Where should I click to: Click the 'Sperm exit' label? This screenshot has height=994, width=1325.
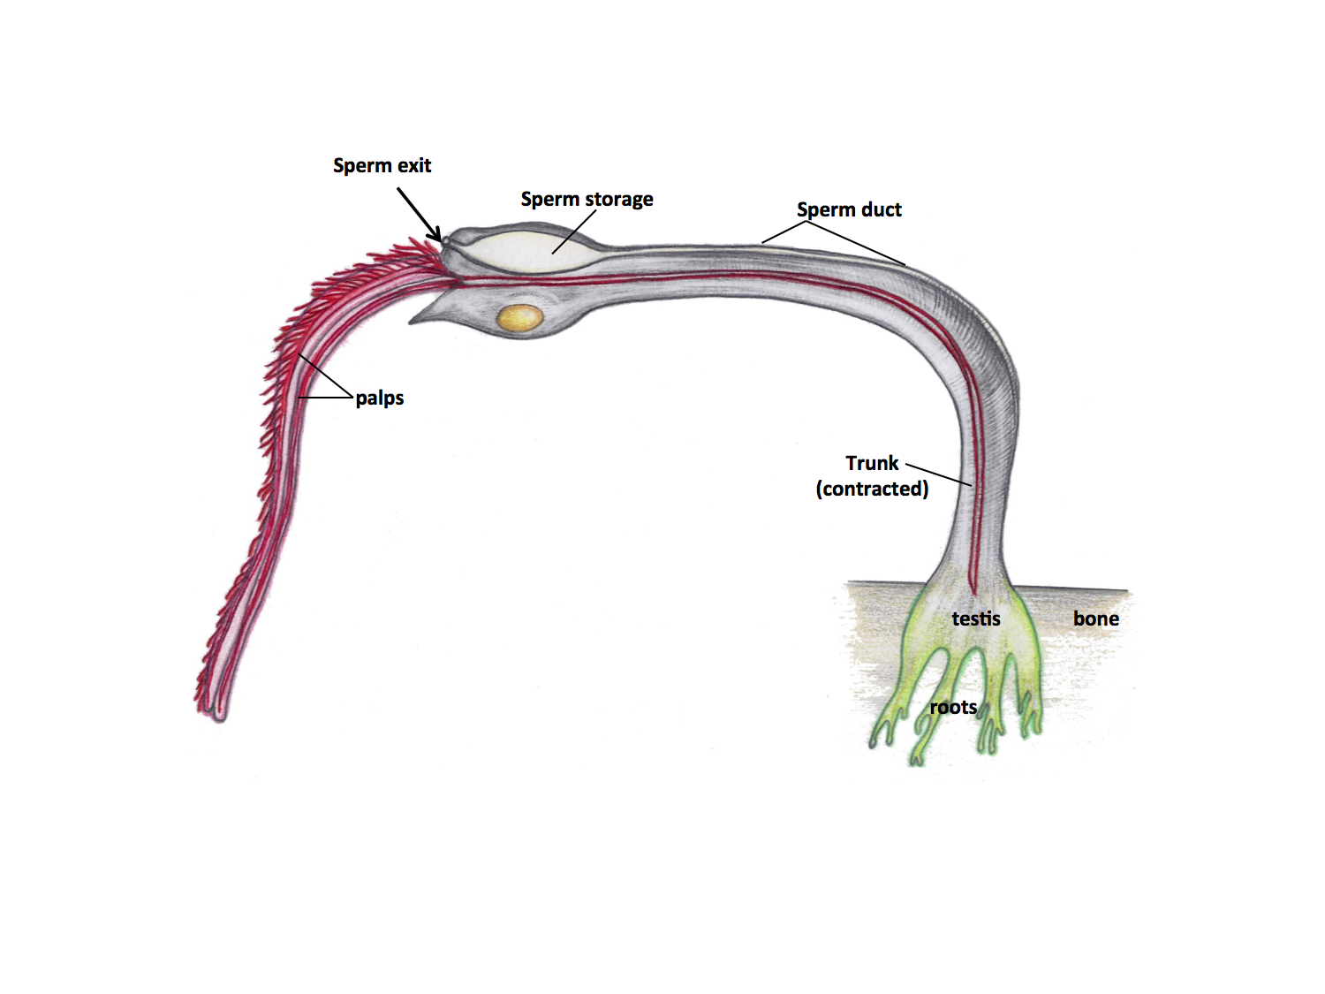[382, 165]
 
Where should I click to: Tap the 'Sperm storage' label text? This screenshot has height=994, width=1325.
[587, 199]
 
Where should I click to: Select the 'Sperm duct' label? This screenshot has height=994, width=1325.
[849, 209]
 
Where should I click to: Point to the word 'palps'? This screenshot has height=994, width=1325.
[380, 398]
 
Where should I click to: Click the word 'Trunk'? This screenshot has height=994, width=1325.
[872, 463]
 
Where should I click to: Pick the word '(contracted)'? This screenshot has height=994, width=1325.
[872, 489]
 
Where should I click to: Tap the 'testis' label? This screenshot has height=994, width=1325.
[976, 618]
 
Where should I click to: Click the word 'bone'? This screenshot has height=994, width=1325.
[1096, 618]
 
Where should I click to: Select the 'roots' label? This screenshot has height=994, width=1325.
[953, 707]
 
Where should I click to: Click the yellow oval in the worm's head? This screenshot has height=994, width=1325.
[520, 318]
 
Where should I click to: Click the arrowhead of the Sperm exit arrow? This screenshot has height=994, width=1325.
[436, 235]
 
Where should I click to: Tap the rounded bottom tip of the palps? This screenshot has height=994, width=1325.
[218, 714]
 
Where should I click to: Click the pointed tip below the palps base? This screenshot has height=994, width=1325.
[412, 322]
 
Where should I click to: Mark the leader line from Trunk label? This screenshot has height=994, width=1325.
[938, 474]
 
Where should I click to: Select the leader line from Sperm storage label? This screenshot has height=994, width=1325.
[574, 231]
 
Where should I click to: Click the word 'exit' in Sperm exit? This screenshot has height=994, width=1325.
[413, 165]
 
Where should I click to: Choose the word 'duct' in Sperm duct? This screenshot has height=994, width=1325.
[882, 209]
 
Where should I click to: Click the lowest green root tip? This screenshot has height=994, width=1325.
[916, 760]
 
